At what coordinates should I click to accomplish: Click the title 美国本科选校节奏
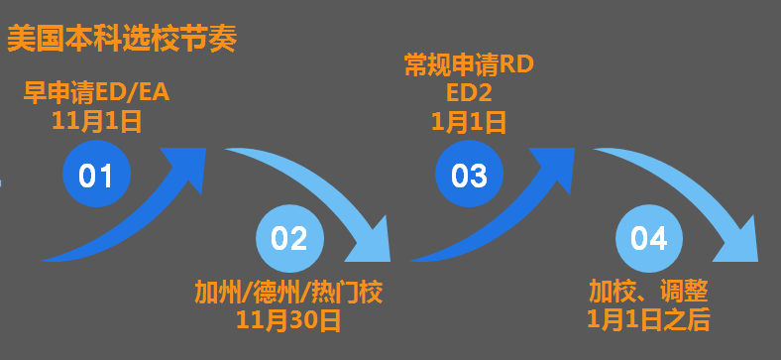(122, 39)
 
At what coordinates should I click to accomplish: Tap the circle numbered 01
(96, 175)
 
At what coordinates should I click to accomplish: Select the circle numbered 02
(289, 238)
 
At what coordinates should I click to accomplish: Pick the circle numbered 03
(469, 175)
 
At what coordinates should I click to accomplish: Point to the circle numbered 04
(649, 238)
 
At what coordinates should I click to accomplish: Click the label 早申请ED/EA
(96, 93)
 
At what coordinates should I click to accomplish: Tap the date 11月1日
(96, 121)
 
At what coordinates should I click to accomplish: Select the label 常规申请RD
(469, 64)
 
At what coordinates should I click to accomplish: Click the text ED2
(469, 93)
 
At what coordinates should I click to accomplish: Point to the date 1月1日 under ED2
(469, 122)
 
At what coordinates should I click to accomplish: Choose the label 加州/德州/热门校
(288, 293)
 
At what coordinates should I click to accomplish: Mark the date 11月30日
(288, 320)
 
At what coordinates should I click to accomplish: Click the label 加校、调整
(648, 292)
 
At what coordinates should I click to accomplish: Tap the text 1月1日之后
(648, 319)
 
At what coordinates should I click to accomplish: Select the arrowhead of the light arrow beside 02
(370, 242)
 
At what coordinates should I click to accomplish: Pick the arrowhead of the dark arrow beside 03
(553, 167)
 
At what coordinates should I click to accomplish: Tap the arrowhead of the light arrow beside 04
(737, 242)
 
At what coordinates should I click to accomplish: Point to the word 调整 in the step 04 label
(685, 292)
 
